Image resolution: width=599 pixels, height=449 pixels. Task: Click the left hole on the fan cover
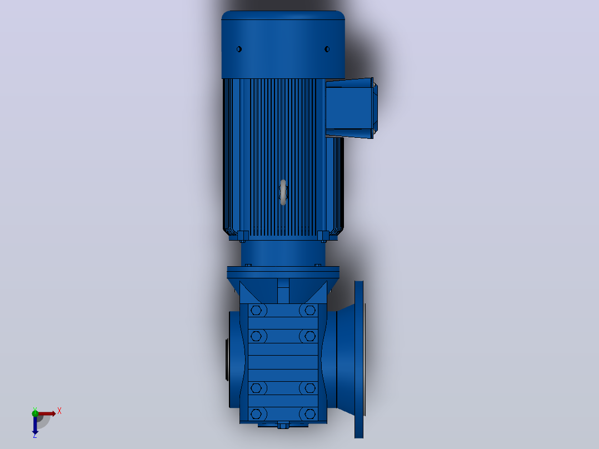point(239,49)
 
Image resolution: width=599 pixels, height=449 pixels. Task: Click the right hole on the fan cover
point(327,49)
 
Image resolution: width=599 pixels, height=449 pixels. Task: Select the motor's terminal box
point(351,108)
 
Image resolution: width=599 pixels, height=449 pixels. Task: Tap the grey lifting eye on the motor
point(283,192)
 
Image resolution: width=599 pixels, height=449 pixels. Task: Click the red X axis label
point(59,411)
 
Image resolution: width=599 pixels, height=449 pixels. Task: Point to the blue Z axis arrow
point(35,425)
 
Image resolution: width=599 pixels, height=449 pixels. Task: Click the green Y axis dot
point(35,413)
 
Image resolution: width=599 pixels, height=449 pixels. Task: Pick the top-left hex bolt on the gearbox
point(256,310)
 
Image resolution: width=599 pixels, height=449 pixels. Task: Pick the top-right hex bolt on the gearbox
point(310,310)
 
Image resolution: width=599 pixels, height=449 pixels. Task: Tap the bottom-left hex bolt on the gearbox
point(256,414)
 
